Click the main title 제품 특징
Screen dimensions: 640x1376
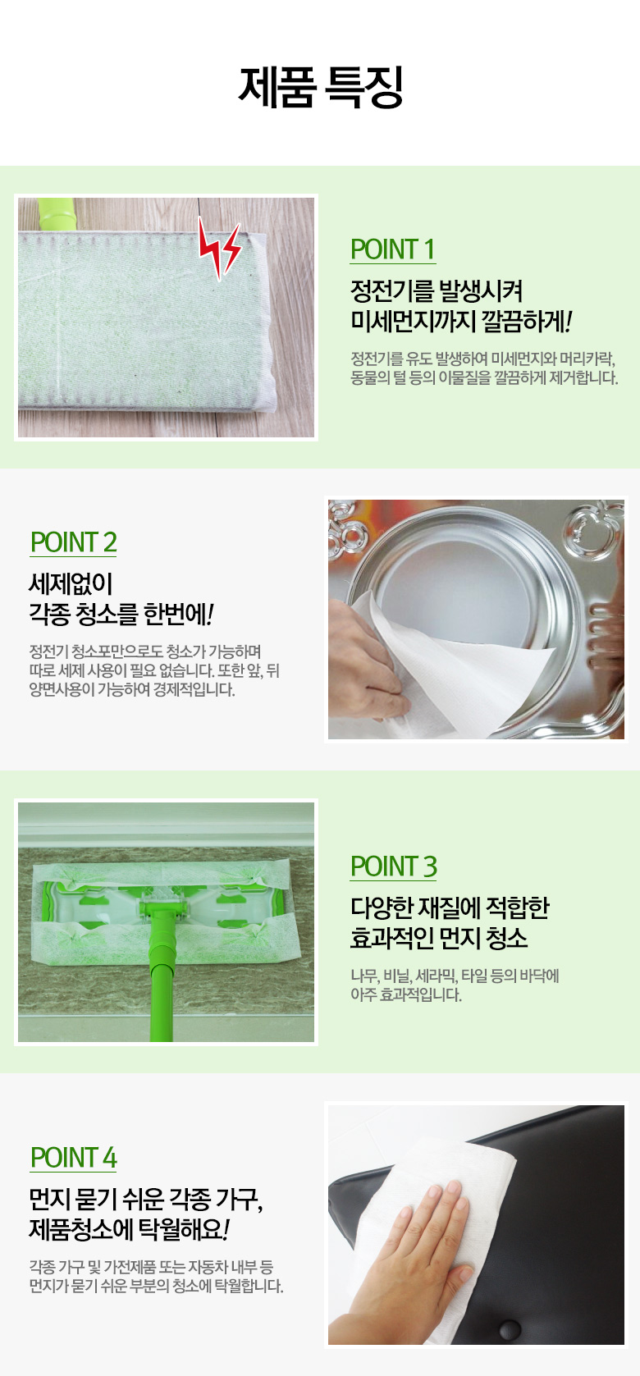coord(321,87)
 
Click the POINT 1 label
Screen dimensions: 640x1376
coord(392,249)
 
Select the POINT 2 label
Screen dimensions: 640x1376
coord(73,542)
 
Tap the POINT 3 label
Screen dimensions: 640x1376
coord(394,866)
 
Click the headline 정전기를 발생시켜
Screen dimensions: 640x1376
coord(436,290)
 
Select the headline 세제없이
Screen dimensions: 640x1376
coord(71,583)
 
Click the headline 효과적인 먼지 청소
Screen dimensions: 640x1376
coord(439,938)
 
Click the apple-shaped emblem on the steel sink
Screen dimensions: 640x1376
coord(590,529)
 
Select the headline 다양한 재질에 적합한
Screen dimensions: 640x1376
coord(450,907)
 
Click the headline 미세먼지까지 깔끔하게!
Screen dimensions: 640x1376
coord(461,322)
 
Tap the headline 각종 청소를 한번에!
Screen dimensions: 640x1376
coord(121,615)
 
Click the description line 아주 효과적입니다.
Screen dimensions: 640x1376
coord(406,994)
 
